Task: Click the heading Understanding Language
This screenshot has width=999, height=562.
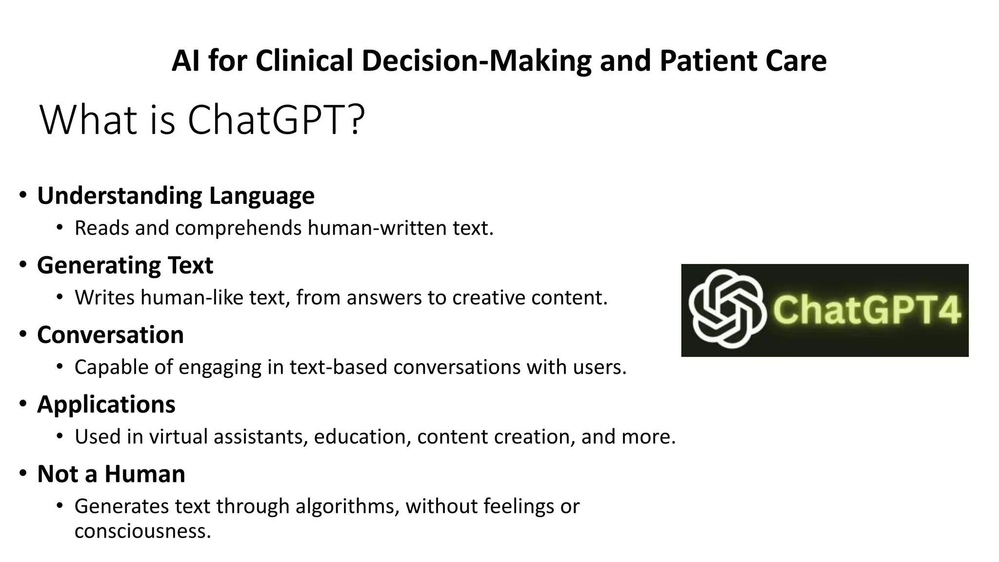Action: [176, 196]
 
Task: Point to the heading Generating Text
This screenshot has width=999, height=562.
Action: [125, 265]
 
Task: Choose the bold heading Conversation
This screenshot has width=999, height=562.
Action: [110, 335]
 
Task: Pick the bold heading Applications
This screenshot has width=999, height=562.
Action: [106, 404]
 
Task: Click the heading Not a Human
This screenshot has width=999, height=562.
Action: [111, 474]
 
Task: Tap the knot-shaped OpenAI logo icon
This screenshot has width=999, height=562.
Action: [725, 309]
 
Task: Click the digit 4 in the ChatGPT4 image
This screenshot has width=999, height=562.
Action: [949, 310]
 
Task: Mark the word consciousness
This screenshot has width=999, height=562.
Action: [142, 531]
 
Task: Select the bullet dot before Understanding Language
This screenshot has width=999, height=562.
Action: [23, 196]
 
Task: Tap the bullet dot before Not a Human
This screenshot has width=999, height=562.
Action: [23, 474]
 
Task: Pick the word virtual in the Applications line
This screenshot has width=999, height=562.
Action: [178, 437]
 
